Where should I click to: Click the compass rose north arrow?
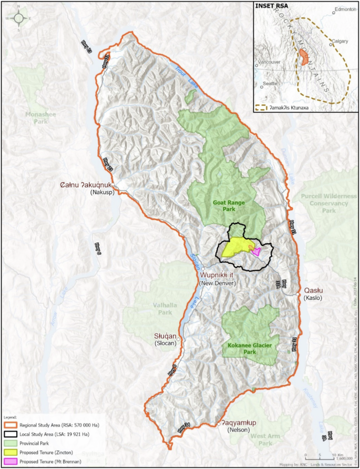pos(19,18)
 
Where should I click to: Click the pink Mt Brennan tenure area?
pos(256,251)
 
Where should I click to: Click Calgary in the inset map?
pos(340,41)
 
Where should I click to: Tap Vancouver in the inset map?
pos(269,62)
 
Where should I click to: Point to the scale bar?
pos(320,453)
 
